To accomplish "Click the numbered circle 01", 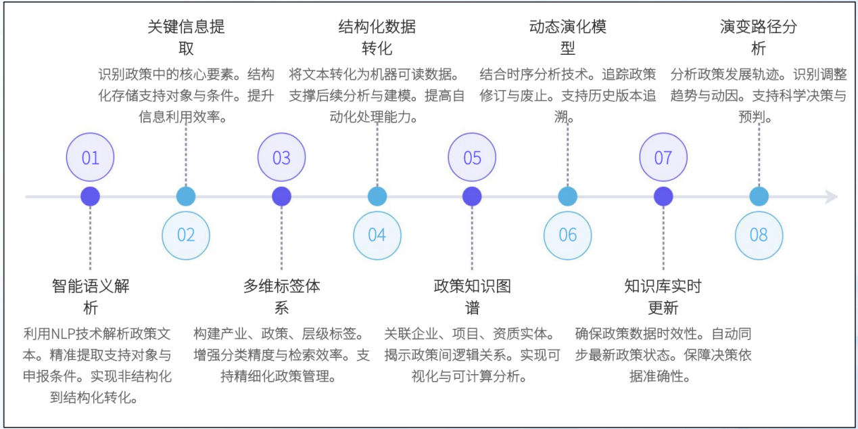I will (90, 158).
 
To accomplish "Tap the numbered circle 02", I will (186, 235).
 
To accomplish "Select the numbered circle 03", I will (281, 158).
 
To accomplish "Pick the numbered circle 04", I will (377, 235).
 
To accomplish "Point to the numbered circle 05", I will (472, 158).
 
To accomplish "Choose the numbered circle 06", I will (568, 235).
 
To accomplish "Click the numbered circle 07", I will (663, 158).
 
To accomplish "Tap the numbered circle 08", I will (759, 235).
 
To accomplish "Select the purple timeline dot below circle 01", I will (90, 197).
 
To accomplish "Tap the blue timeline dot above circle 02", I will (186, 197).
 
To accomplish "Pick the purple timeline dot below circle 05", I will (472, 197).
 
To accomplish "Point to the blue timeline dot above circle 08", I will (759, 197).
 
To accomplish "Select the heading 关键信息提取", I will (186, 37).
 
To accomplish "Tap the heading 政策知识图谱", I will (472, 296).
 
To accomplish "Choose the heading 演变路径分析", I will (759, 37).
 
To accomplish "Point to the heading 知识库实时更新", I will (663, 296).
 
